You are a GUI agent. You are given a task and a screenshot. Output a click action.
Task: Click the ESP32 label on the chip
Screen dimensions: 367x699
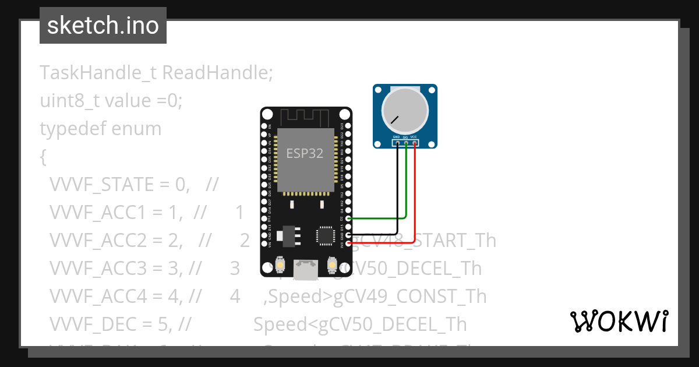(x=305, y=154)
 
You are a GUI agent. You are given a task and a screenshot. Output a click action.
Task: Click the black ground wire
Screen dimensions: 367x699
(x=397, y=192)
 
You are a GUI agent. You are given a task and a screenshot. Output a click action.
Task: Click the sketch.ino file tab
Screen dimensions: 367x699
(x=103, y=26)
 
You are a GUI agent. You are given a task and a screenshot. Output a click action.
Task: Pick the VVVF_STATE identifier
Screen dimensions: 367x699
(x=93, y=185)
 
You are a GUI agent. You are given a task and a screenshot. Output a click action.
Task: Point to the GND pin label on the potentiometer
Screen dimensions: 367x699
(x=397, y=137)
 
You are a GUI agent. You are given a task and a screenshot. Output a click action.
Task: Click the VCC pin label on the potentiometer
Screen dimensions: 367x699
(x=414, y=137)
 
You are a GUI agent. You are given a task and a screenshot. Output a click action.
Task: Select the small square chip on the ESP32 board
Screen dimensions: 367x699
(x=324, y=235)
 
